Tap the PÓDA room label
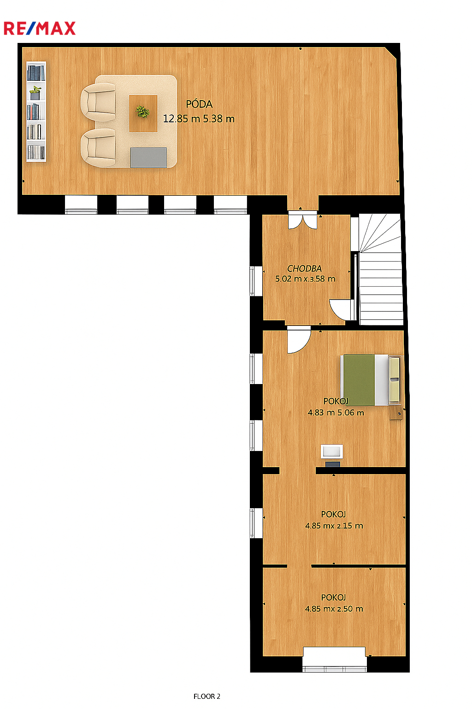[x=199, y=104]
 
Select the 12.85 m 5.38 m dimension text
[x=199, y=119]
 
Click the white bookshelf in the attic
[x=36, y=111]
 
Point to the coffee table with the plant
[x=143, y=113]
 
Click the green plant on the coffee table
[x=142, y=112]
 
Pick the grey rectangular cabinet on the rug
[x=148, y=157]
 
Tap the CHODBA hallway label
[x=304, y=268]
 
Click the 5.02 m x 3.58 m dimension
[x=305, y=279]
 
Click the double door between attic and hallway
[x=302, y=220]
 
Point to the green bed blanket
[x=359, y=380]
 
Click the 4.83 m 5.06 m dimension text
[x=336, y=413]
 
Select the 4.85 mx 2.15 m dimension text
[x=334, y=526]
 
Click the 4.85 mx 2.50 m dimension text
[x=334, y=609]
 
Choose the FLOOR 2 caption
[x=207, y=697]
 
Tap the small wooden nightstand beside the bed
[x=396, y=413]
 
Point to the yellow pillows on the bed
[x=394, y=380]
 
